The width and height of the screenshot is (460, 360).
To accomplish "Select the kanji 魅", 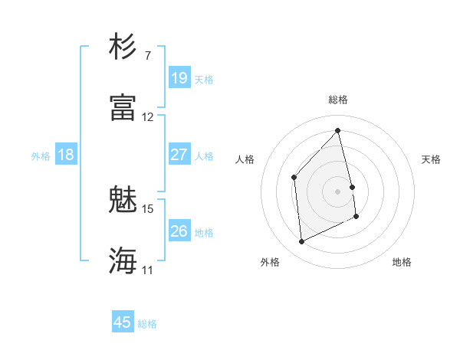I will [x=123, y=200].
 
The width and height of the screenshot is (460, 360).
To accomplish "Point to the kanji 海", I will [x=123, y=260].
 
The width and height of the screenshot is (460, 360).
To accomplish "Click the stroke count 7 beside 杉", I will [x=147, y=56].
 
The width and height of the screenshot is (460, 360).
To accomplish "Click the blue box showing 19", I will [x=179, y=78].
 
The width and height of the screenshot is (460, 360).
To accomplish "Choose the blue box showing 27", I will [x=179, y=155].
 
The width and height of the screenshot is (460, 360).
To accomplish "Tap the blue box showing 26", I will [x=179, y=231].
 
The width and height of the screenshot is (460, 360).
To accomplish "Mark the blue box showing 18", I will [x=66, y=155].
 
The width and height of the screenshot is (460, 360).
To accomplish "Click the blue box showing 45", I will [x=123, y=322].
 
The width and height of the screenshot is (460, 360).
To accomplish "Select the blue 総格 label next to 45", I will [x=147, y=324].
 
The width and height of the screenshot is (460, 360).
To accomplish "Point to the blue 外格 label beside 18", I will [x=41, y=156].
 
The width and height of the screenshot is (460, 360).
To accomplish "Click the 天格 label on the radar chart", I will [x=431, y=159].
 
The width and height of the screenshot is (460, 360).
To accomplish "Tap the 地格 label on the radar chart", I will [x=402, y=262].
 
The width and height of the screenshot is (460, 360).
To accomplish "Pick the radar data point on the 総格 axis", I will [x=337, y=130].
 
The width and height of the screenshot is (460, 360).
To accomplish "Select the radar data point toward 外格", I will [x=301, y=242].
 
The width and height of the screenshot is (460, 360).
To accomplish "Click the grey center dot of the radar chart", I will [x=337, y=190].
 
